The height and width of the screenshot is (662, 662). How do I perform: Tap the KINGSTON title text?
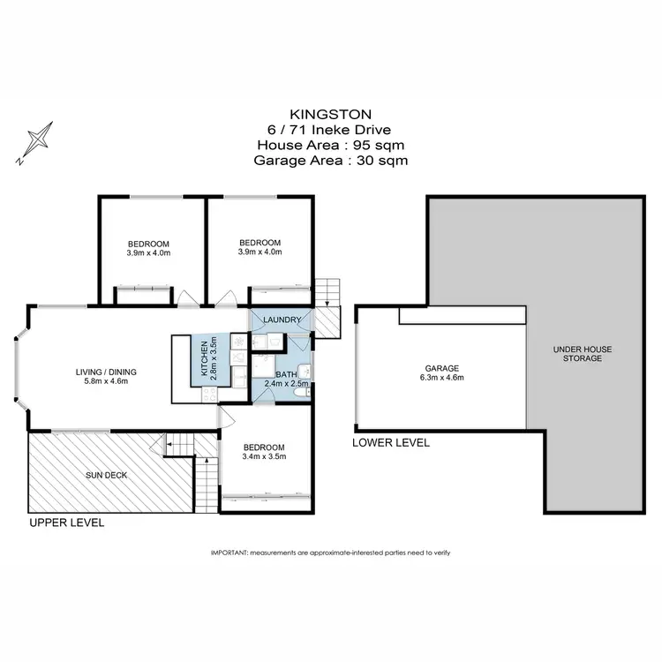click(x=330, y=114)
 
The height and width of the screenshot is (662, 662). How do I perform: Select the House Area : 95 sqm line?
click(x=330, y=145)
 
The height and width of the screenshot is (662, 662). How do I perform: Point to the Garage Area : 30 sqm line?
click(x=330, y=161)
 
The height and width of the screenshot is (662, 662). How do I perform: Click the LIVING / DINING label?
click(x=105, y=372)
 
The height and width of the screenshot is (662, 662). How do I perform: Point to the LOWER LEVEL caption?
click(x=390, y=442)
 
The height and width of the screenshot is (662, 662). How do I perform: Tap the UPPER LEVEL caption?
click(x=67, y=523)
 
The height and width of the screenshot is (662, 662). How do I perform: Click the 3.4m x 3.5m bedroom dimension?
click(x=264, y=456)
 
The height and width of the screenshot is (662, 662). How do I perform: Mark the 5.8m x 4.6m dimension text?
click(x=105, y=382)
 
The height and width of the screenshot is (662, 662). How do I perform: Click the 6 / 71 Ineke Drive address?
click(x=330, y=130)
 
